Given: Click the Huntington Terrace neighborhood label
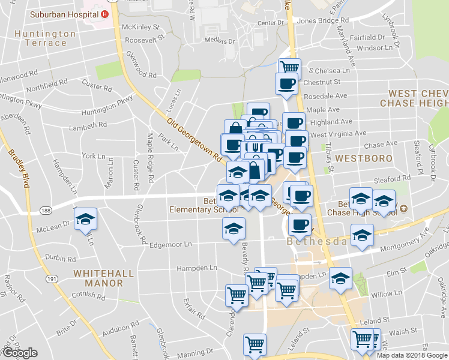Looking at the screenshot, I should [x=46, y=38].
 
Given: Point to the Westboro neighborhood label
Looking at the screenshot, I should [x=364, y=158].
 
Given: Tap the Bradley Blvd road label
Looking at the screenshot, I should [x=17, y=169].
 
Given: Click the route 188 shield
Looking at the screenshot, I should [x=45, y=210].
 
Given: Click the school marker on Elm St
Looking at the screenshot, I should [x=340, y=279].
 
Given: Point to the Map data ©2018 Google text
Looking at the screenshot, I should [x=412, y=355].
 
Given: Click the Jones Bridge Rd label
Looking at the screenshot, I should [x=323, y=20].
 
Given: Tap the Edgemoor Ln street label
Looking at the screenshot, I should [x=170, y=244].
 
